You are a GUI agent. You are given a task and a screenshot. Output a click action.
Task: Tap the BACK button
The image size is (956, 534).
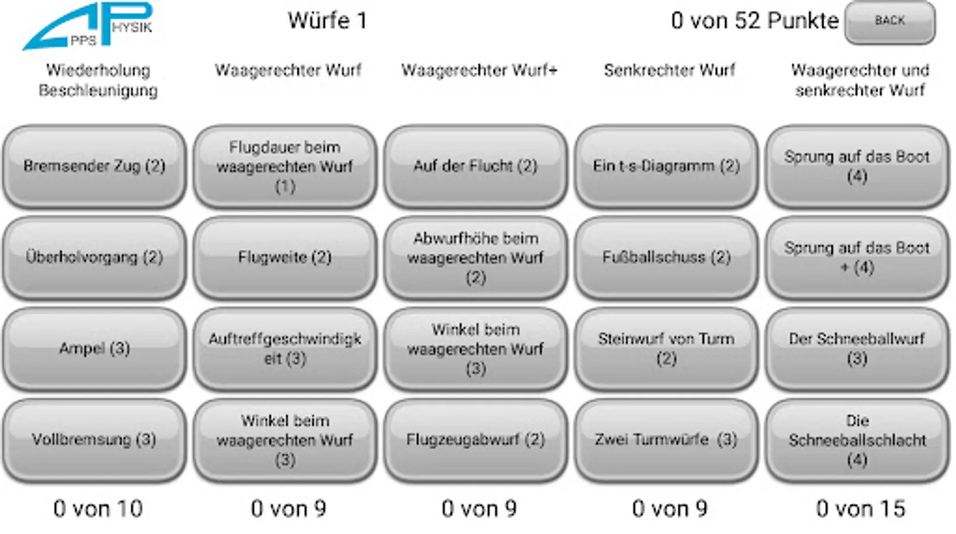[x=890, y=22]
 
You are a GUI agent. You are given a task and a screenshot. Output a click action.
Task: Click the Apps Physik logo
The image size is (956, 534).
[x=88, y=27]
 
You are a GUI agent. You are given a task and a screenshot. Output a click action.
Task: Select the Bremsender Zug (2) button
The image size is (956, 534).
[x=94, y=166]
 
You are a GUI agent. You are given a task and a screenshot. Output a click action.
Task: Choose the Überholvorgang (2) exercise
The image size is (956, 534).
[x=94, y=258]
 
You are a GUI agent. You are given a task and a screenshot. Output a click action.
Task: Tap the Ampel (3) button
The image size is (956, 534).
[x=94, y=348]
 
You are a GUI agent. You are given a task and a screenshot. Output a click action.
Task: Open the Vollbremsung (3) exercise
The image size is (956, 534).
[x=94, y=440]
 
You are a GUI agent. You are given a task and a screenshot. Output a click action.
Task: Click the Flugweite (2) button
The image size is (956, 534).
[x=285, y=258]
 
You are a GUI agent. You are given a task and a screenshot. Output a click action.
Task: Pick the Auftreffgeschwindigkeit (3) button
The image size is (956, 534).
[x=285, y=348]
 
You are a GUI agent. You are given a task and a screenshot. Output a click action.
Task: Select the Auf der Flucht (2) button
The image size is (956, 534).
[x=475, y=166]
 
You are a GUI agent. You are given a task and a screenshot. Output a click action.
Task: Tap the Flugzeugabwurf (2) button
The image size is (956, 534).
[x=475, y=440]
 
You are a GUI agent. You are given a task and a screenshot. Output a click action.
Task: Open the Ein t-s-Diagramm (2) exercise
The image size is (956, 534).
[x=666, y=166]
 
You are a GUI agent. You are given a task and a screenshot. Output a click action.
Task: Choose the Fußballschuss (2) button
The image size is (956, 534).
[x=666, y=258]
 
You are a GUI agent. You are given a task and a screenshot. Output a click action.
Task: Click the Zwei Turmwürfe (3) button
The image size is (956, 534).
[x=666, y=440]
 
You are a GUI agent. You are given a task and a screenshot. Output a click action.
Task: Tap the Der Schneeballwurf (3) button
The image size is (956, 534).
[x=857, y=348]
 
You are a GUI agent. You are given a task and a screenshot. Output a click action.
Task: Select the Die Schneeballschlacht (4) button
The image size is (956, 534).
[x=857, y=440]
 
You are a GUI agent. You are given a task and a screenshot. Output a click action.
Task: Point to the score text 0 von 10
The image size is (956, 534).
[x=98, y=509]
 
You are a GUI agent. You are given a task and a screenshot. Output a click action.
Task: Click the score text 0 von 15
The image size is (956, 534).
[x=860, y=509]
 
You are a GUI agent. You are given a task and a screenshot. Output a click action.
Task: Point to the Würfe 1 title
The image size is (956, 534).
[x=328, y=21]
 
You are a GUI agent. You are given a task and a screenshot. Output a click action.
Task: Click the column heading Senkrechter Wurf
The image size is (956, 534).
[x=669, y=70]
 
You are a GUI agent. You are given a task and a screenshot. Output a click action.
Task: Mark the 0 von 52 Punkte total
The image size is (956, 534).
[x=755, y=21]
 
